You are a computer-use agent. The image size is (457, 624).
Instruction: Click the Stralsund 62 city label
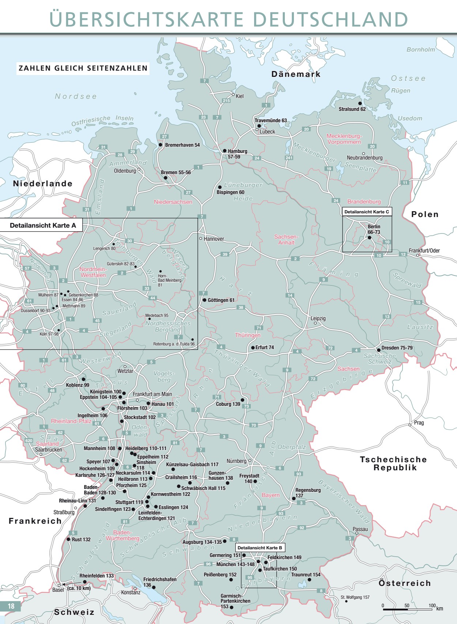(352, 109)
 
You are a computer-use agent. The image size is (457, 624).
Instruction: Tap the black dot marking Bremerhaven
(160, 145)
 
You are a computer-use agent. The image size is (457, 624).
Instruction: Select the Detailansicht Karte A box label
(43, 225)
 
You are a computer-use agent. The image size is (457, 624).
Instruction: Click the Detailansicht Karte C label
(367, 212)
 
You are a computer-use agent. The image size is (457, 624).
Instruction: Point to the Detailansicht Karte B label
(260, 548)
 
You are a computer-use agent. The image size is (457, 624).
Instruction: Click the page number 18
(11, 606)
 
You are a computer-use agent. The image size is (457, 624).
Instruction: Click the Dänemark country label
(296, 74)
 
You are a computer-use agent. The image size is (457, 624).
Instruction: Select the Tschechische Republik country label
(393, 463)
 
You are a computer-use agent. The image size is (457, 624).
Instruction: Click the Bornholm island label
(421, 49)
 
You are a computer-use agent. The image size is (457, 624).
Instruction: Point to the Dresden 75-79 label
(397, 348)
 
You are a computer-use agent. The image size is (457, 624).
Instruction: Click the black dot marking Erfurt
(253, 348)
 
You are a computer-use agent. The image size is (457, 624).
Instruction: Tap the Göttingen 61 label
(221, 300)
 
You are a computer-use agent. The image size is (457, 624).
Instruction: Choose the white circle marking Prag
(410, 425)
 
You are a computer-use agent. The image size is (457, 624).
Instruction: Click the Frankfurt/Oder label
(424, 251)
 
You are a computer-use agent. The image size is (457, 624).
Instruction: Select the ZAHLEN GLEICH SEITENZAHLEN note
(83, 68)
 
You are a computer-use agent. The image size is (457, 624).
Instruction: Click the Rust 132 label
(81, 539)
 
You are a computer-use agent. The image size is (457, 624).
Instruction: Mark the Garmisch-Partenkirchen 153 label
(235, 601)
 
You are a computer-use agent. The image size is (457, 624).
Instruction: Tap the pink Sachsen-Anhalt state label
(286, 240)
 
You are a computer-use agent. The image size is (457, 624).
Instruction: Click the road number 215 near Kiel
(226, 101)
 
